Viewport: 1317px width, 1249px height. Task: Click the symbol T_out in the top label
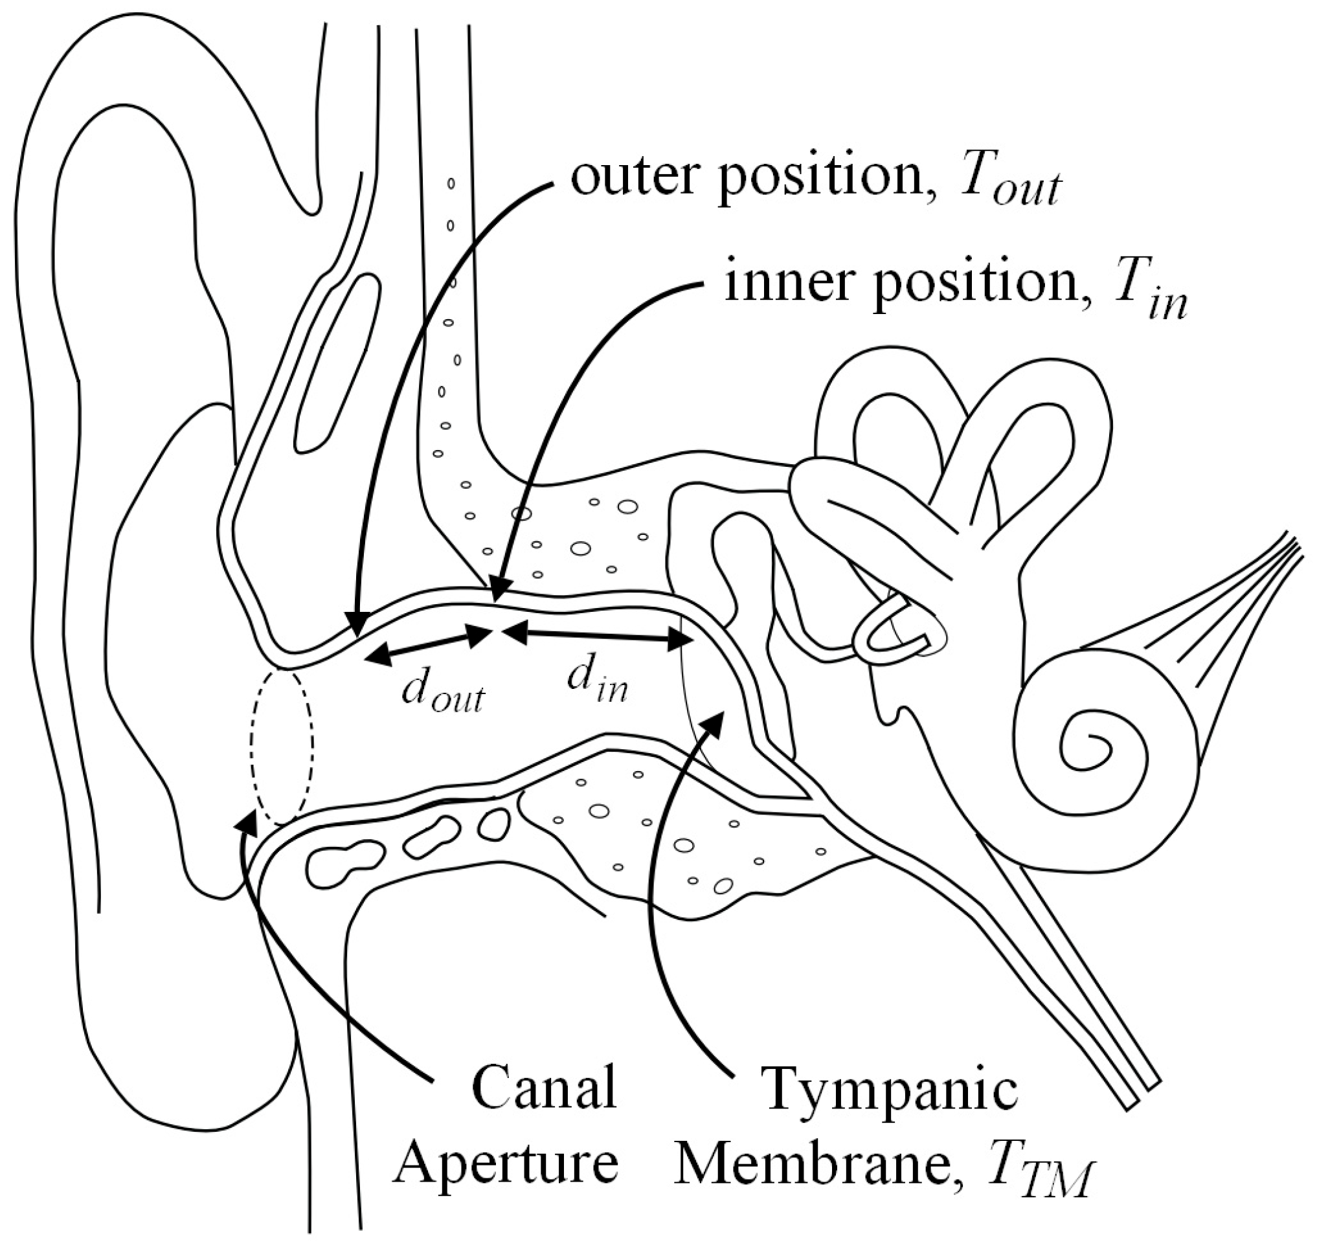(1009, 185)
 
